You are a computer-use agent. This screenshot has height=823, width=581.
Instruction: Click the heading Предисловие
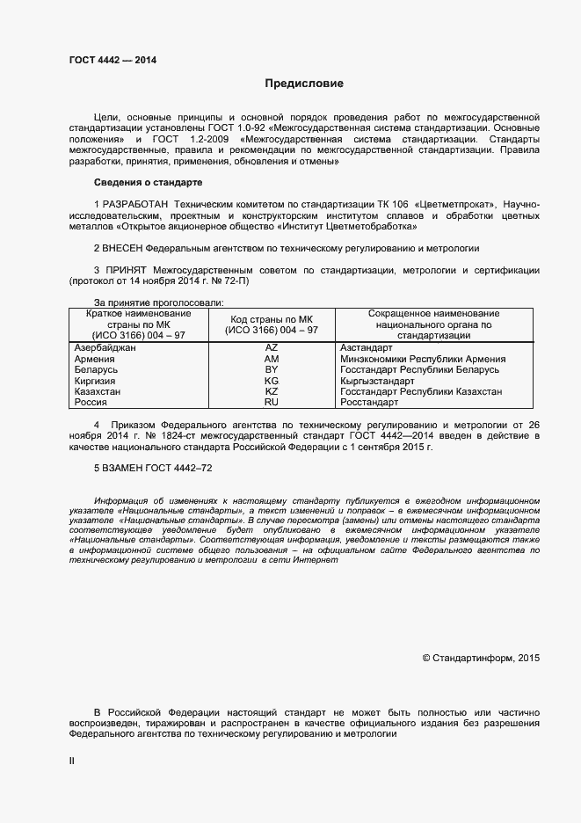[x=305, y=84]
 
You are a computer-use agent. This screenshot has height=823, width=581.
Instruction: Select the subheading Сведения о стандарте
[x=148, y=182]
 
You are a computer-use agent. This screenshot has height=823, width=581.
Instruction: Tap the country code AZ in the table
[x=272, y=348]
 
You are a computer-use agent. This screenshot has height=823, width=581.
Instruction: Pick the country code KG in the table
[x=272, y=381]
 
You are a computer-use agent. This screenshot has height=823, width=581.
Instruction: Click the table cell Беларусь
[x=98, y=370]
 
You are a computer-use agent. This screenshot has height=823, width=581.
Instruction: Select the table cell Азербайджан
[x=105, y=348]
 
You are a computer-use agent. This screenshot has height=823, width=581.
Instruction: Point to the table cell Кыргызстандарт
[x=376, y=381]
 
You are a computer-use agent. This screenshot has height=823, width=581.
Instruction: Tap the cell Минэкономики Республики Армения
[x=422, y=359]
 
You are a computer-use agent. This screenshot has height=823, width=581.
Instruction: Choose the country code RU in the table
[x=272, y=402]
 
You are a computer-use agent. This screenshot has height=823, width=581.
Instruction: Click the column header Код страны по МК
[x=272, y=319]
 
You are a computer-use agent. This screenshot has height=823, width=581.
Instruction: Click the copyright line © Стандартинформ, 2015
[x=481, y=657]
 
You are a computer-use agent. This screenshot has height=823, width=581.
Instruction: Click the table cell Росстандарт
[x=368, y=402]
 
